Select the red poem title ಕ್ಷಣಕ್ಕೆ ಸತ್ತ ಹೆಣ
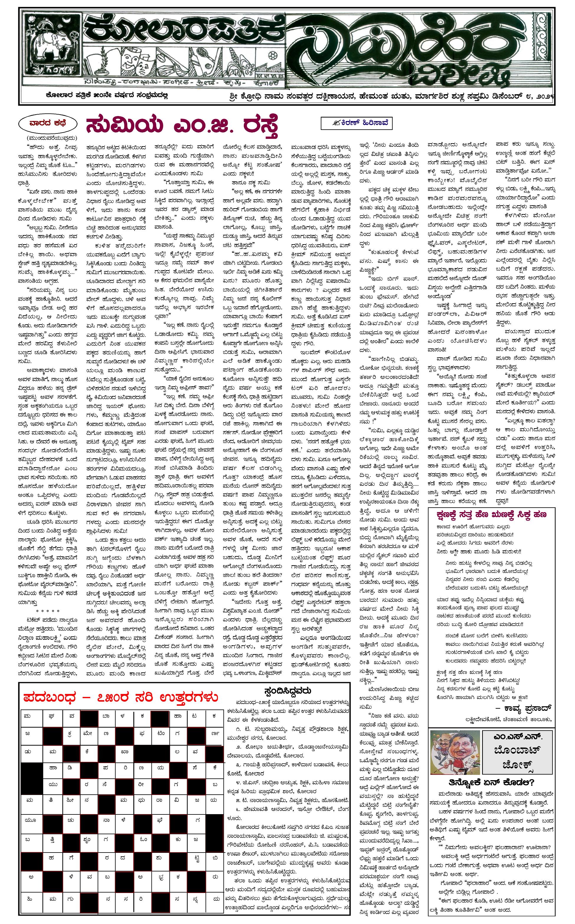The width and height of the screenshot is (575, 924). point(492,515)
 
